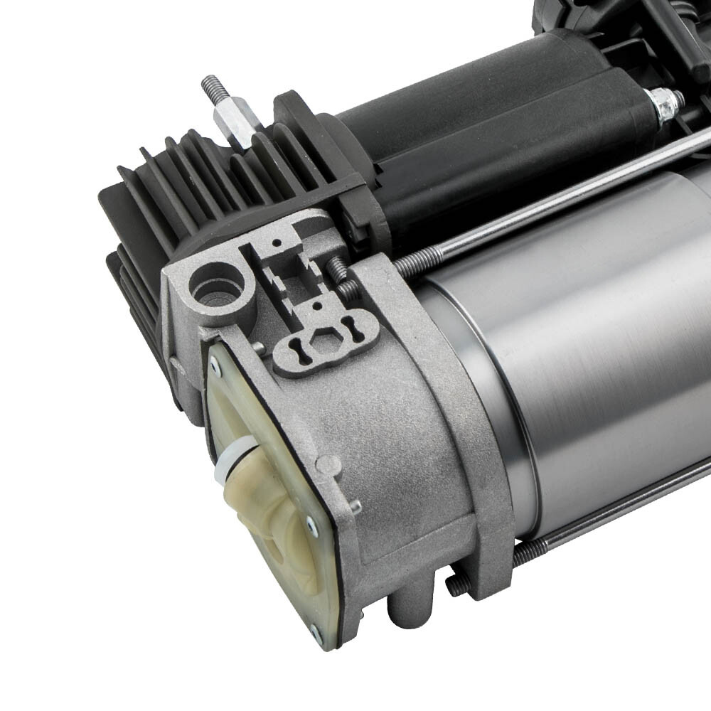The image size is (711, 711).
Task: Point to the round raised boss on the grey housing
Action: click(x=328, y=464)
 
